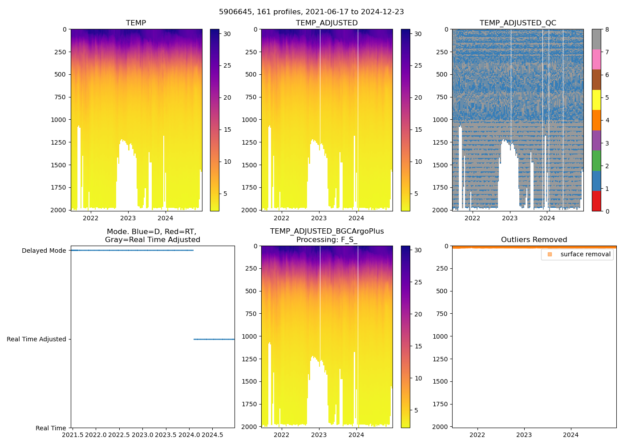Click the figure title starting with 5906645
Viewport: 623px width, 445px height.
point(311,12)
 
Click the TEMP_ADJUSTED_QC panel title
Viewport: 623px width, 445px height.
point(518,23)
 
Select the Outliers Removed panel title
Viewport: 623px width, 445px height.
point(534,240)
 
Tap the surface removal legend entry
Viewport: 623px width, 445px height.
point(585,254)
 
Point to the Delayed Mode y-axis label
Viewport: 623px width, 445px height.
point(44,251)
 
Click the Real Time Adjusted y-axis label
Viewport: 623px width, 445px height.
point(36,339)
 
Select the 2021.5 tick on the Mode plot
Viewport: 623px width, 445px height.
point(72,435)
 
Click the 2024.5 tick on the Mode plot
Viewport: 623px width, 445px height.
point(212,435)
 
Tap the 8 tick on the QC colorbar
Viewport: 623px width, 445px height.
point(607,29)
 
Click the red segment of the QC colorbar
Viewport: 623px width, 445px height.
point(596,201)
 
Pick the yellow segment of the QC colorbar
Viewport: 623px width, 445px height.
point(596,100)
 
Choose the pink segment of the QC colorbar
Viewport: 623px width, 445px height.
point(596,59)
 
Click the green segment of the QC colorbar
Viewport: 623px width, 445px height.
point(596,160)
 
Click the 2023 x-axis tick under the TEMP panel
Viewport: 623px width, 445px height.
point(128,218)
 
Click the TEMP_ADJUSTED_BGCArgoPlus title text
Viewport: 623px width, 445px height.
point(327,231)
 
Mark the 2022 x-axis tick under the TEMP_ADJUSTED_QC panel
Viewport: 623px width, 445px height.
point(472,218)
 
